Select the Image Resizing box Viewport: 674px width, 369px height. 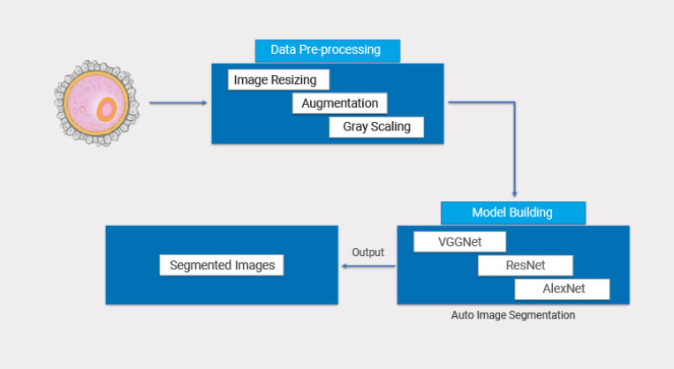(277, 80)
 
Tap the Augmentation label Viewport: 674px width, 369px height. (339, 103)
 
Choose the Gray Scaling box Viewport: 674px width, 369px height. (376, 127)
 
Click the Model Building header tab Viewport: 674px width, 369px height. (512, 213)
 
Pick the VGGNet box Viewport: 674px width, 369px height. (459, 242)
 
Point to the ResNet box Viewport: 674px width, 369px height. (525, 266)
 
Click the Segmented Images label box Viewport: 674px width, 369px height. (222, 265)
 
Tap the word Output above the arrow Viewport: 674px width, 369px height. (367, 252)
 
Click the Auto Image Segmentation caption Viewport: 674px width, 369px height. (512, 314)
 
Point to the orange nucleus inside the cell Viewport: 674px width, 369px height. (107, 109)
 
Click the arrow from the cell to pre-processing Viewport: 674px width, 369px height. (178, 103)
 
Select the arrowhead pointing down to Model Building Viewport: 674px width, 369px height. (514, 192)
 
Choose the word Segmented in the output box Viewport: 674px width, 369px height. (197, 265)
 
